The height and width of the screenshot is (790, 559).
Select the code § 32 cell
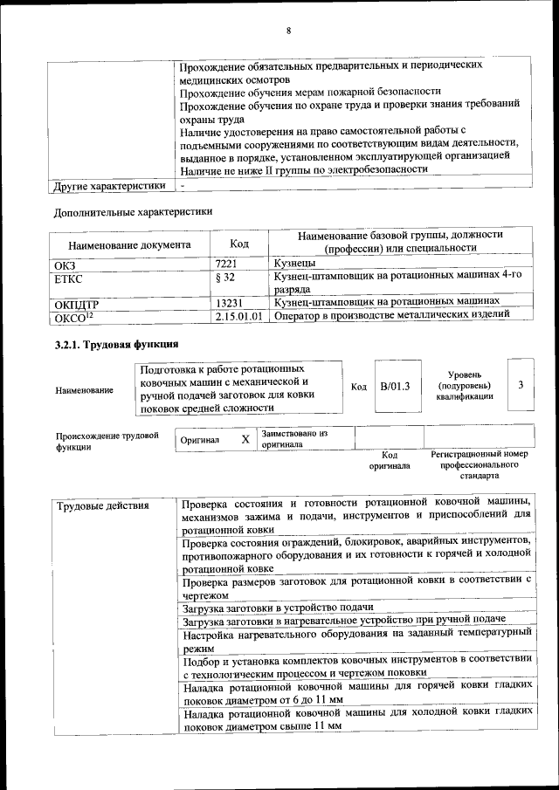click(x=226, y=277)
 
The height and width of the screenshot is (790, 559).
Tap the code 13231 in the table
click(x=230, y=302)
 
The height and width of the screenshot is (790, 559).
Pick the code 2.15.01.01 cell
click(x=238, y=316)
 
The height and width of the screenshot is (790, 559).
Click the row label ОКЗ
click(x=66, y=263)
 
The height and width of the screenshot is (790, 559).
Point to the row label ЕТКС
click(x=70, y=278)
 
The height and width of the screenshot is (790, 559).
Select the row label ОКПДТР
click(x=77, y=303)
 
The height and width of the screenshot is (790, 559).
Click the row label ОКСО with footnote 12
click(x=73, y=316)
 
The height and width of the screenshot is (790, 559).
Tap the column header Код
click(x=238, y=243)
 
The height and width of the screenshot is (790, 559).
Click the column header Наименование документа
click(x=128, y=246)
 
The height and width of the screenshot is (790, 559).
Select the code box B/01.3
click(x=395, y=385)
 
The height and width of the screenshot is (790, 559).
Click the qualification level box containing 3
click(x=520, y=385)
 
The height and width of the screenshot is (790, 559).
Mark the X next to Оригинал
click(x=245, y=439)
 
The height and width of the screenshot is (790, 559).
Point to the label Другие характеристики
click(x=109, y=186)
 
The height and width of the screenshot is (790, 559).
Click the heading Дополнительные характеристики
click(x=133, y=211)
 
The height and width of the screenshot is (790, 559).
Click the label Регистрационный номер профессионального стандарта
click(x=480, y=465)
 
